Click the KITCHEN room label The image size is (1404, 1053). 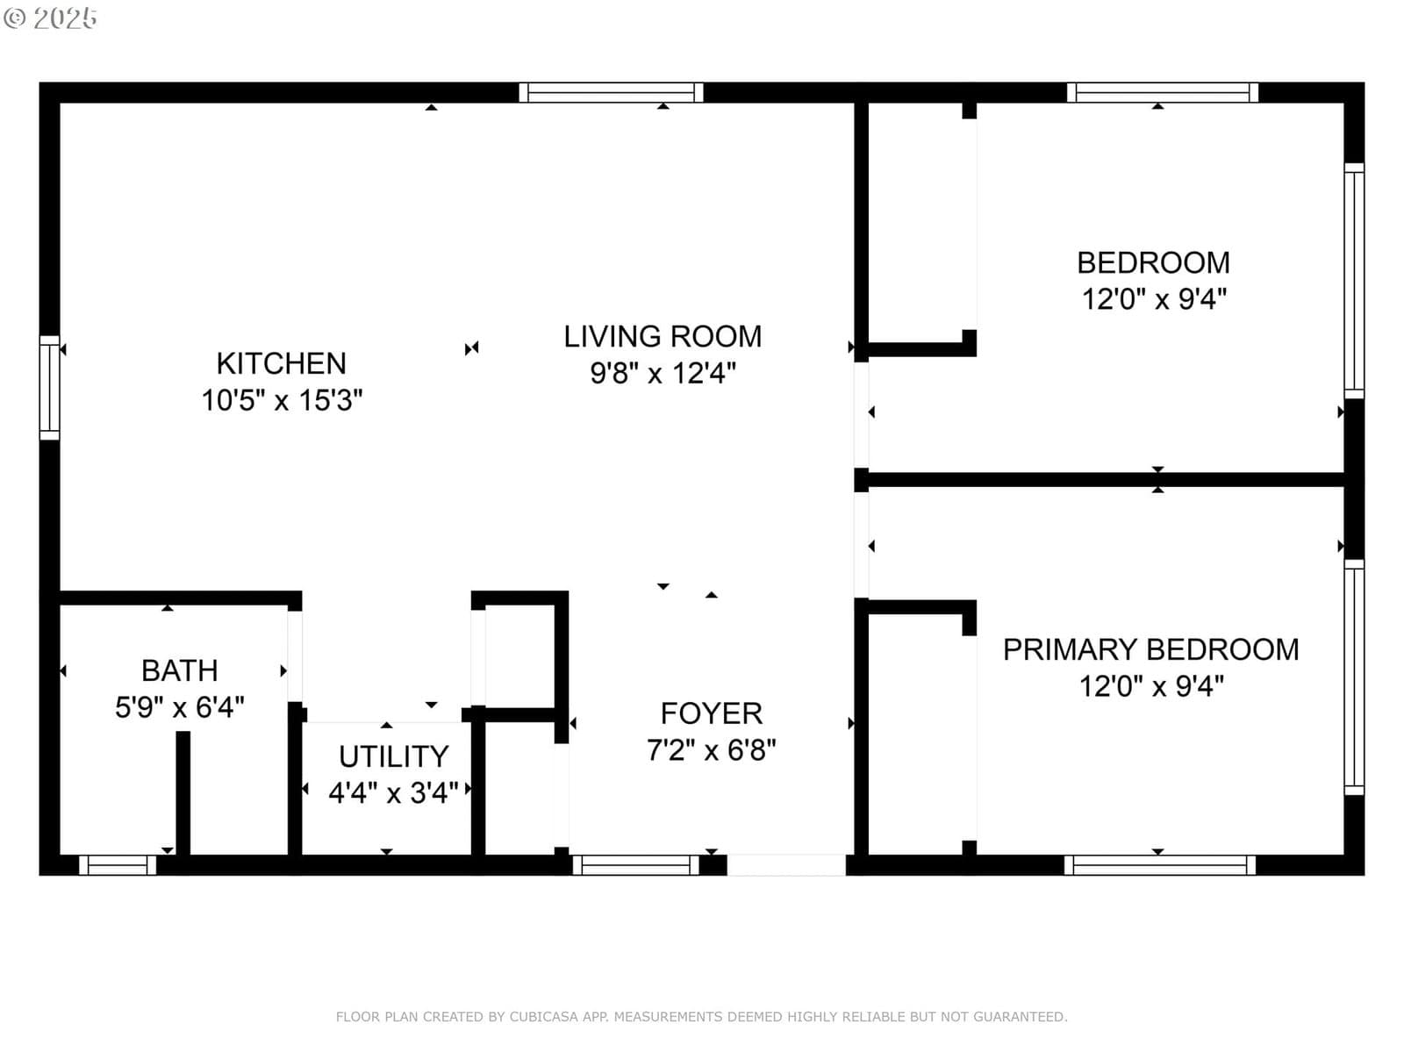click(x=282, y=364)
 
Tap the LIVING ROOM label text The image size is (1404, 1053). click(x=663, y=337)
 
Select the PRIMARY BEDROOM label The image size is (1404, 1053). click(x=1150, y=649)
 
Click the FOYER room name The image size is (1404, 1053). click(x=712, y=713)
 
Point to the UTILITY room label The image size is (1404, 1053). click(x=393, y=756)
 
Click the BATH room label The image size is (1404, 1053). click(x=180, y=670)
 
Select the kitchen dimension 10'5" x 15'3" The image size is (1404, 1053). click(x=282, y=401)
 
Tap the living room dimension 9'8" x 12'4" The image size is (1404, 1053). click(x=663, y=374)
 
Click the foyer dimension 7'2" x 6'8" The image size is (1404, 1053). click(x=712, y=750)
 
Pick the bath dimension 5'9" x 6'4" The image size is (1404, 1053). click(x=180, y=707)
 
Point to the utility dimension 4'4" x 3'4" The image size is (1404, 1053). click(x=393, y=792)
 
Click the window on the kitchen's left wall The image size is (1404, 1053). click(x=50, y=388)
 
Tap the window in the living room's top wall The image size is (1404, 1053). click(x=611, y=93)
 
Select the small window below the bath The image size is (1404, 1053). click(x=118, y=865)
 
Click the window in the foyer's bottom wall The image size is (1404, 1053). click(x=636, y=865)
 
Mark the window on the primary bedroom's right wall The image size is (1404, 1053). click(x=1354, y=677)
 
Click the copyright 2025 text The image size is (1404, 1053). click(x=50, y=18)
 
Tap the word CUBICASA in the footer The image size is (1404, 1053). click(x=544, y=1016)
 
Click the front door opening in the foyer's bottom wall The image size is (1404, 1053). click(x=786, y=865)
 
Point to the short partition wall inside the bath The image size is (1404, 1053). click(x=183, y=792)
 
